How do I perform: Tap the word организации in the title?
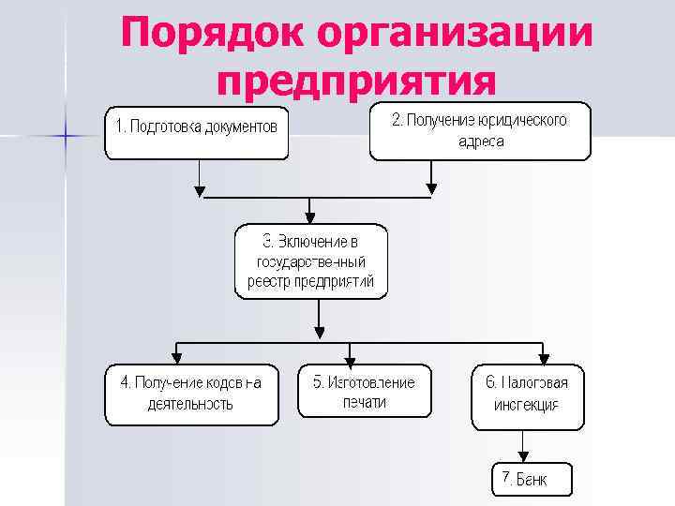(x=456, y=36)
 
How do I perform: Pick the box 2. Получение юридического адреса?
(x=480, y=132)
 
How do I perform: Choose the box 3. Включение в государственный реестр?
(x=310, y=261)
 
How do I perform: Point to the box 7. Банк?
(x=531, y=480)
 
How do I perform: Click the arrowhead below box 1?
(x=199, y=190)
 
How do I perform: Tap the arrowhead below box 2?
(x=431, y=190)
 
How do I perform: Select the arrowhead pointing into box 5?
(x=350, y=358)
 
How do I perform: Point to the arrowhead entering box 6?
(x=542, y=358)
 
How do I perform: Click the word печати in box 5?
(x=364, y=403)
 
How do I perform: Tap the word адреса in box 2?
(x=481, y=142)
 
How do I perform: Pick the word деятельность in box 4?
(x=190, y=405)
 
